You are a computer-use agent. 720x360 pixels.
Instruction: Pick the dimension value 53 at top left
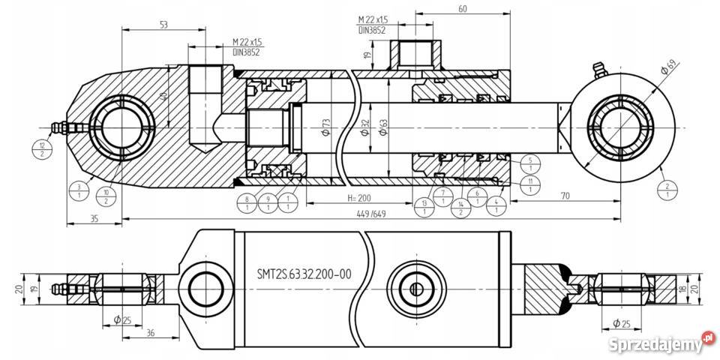[x=163, y=25]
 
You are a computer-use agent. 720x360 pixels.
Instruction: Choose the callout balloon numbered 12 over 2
[x=43, y=149]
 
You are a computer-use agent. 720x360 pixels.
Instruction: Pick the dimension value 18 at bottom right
[x=682, y=289]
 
